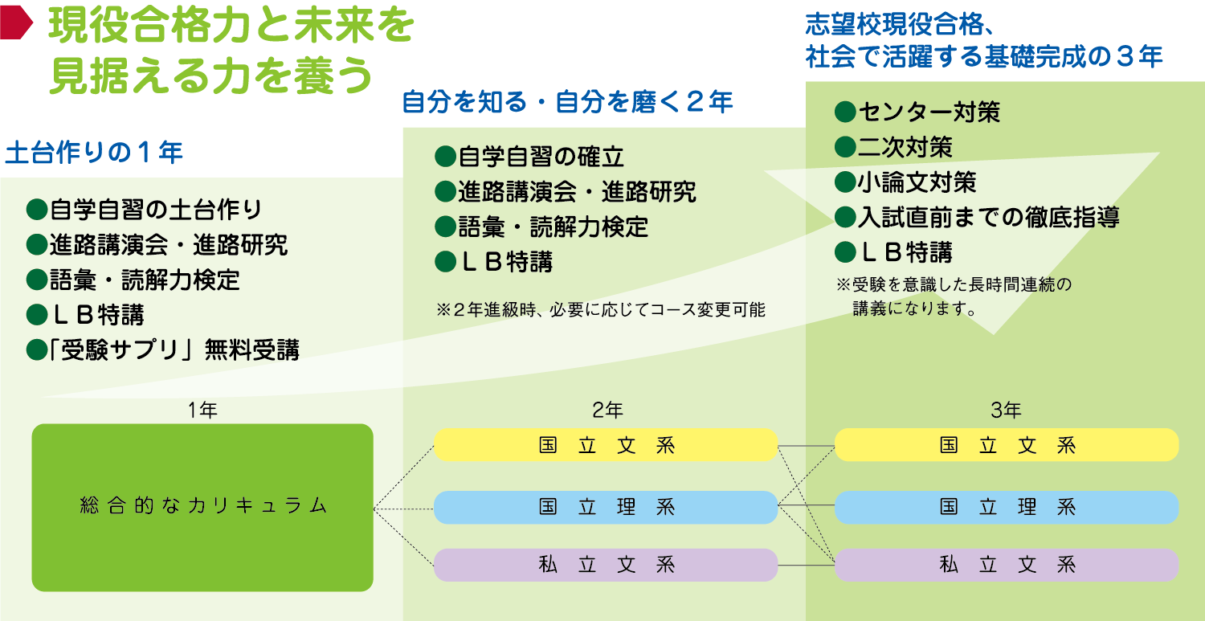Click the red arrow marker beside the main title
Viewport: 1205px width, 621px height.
pos(16,22)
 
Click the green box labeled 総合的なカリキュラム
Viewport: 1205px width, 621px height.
pos(202,508)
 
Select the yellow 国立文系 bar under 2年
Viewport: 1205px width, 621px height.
pos(606,445)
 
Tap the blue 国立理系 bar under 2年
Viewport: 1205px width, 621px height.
pos(606,507)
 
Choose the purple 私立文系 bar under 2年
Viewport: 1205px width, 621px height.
pos(606,565)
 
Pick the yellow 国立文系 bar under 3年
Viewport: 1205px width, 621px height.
pos(1007,445)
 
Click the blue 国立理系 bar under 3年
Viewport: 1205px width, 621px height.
pos(1007,507)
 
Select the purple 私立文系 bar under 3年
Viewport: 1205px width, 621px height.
pos(1007,565)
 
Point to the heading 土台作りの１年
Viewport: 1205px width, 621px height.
pos(94,153)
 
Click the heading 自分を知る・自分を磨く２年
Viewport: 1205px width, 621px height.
pos(567,102)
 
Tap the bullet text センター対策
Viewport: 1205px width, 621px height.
pos(929,112)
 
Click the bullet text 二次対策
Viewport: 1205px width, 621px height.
pos(905,147)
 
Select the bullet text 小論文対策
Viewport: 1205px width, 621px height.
pos(917,182)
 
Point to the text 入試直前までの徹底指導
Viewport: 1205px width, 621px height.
pos(989,217)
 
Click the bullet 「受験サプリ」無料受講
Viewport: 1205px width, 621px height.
pos(174,349)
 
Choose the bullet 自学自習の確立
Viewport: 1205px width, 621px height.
pos(541,157)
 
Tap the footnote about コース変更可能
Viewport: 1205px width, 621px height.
pos(601,309)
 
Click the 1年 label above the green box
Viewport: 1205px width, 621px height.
pos(202,410)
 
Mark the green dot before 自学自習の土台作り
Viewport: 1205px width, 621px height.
pos(37,210)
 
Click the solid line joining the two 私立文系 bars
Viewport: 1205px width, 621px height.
pos(807,565)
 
